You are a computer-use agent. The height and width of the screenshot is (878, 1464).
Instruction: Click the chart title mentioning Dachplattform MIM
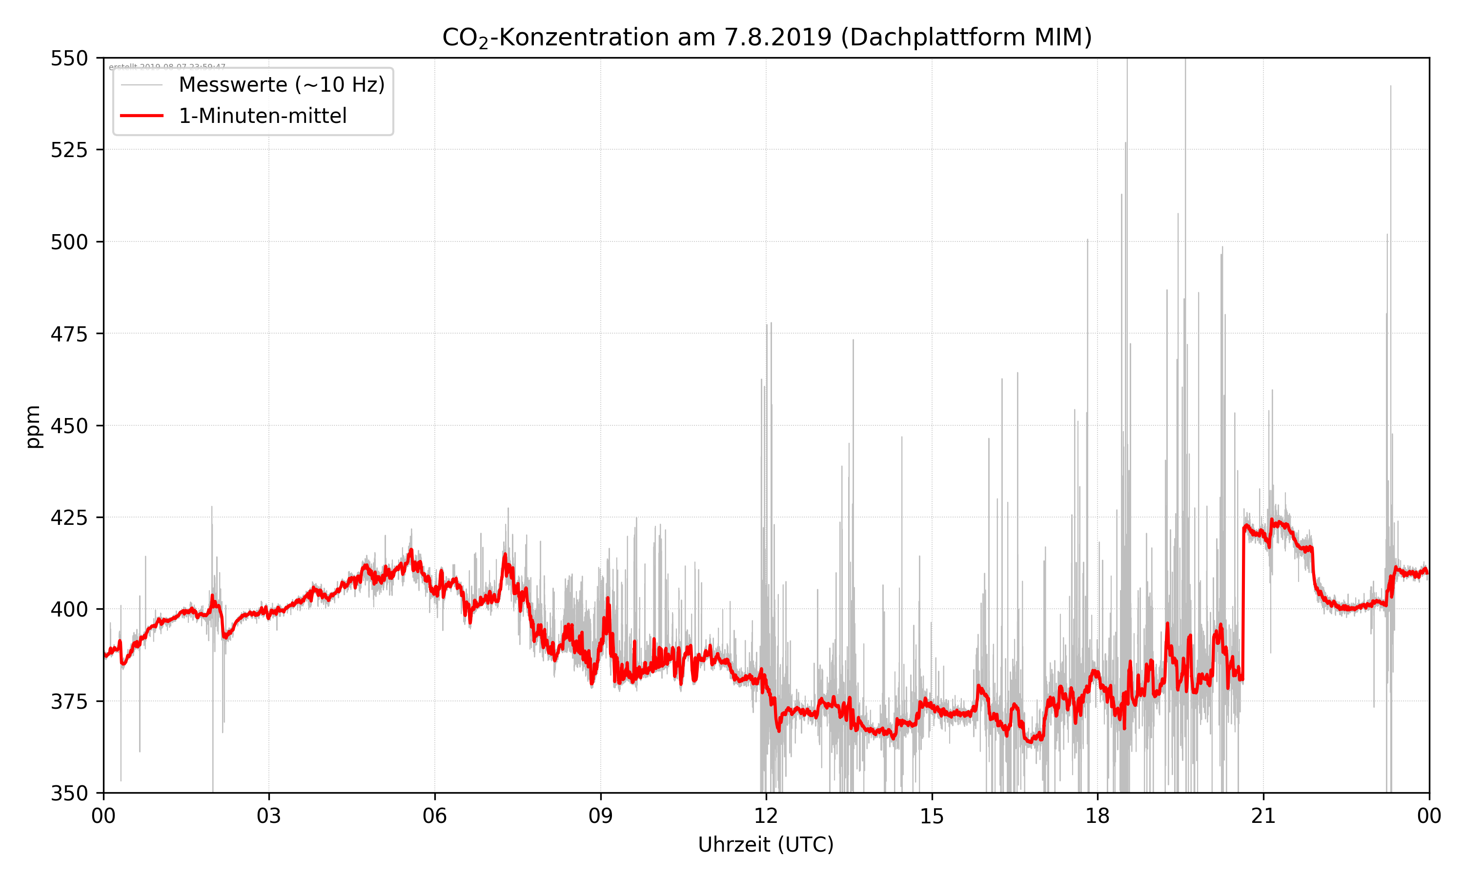(x=766, y=37)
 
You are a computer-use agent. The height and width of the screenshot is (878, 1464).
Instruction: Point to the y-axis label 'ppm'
(x=33, y=427)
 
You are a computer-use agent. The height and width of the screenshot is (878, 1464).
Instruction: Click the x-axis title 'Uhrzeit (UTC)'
(x=766, y=844)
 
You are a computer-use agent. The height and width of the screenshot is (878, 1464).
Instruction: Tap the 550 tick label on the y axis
(x=69, y=59)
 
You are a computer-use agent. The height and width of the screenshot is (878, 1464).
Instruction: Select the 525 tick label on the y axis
(x=69, y=150)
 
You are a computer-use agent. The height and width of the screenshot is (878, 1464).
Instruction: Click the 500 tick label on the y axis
(x=69, y=242)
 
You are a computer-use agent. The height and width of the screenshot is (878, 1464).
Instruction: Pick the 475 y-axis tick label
(x=69, y=334)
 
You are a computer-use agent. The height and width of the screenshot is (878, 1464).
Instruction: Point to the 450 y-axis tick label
(x=69, y=426)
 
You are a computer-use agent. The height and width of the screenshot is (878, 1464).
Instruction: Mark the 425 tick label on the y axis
(x=69, y=518)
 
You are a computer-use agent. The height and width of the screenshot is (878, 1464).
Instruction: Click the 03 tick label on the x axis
(x=269, y=816)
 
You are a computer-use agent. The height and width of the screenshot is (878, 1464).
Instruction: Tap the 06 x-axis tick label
(x=434, y=816)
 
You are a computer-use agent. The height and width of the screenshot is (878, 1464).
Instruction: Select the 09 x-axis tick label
(x=600, y=816)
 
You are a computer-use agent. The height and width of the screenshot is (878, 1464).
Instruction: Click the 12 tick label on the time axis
(x=766, y=816)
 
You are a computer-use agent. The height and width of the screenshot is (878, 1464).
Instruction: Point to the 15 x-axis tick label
(x=932, y=816)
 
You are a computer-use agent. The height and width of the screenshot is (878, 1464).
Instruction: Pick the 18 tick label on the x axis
(x=1097, y=816)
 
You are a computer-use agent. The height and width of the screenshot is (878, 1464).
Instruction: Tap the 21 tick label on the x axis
(x=1263, y=816)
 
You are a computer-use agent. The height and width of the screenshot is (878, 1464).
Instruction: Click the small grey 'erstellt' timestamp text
(x=167, y=67)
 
